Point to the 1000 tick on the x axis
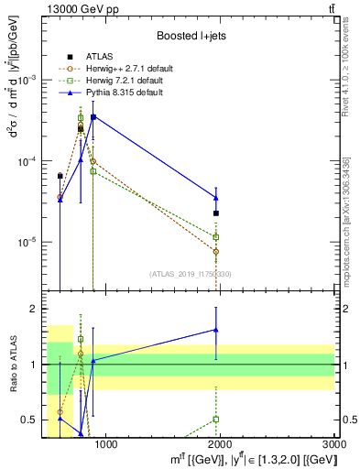[x=106, y=444]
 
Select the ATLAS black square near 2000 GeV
[x=216, y=213]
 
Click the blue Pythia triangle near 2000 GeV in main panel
[x=216, y=197]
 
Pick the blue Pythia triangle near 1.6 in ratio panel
[x=216, y=330]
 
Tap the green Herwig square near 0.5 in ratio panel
[x=216, y=419]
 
